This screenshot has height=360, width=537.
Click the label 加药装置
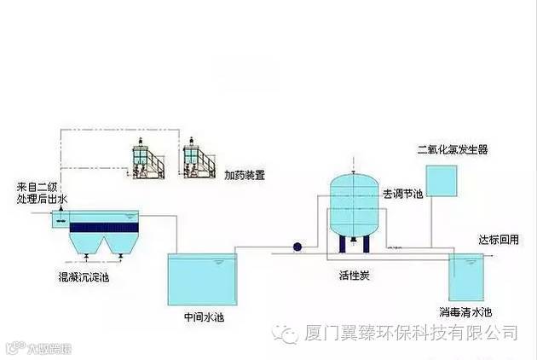click(245, 176)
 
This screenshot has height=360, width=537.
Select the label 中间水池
click(203, 317)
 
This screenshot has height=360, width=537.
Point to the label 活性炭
click(352, 276)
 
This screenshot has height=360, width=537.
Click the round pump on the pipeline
click(297, 247)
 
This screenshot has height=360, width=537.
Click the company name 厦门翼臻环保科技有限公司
click(412, 331)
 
